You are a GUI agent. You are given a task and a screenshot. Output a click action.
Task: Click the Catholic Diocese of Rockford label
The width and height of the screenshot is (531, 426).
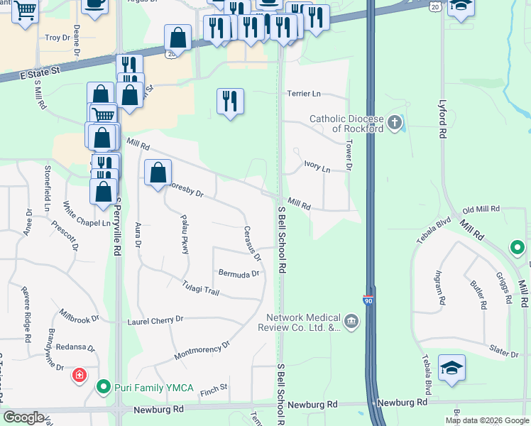346,124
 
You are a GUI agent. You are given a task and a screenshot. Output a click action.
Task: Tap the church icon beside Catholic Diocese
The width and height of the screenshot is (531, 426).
395,124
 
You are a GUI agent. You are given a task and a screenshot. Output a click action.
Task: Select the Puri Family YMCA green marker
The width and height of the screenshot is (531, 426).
104,388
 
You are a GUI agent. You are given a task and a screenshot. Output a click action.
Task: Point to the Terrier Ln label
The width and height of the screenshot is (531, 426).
304,94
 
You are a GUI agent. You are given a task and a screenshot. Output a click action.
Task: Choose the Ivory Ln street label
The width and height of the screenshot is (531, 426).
317,168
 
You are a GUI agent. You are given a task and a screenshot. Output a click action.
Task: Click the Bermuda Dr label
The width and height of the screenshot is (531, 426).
239,273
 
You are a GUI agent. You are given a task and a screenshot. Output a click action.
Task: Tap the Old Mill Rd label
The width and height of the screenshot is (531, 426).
481,210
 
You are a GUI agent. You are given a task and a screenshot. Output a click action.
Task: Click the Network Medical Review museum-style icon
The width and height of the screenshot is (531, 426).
351,322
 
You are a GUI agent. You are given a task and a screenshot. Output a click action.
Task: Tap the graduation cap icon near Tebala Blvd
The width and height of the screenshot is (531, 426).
451,368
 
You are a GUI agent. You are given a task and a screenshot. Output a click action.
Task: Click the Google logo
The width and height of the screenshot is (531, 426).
24,417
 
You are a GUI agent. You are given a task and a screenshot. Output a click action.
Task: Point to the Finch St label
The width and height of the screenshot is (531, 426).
213,388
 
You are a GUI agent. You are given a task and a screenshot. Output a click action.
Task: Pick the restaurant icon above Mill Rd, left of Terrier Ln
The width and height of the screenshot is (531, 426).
230,102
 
